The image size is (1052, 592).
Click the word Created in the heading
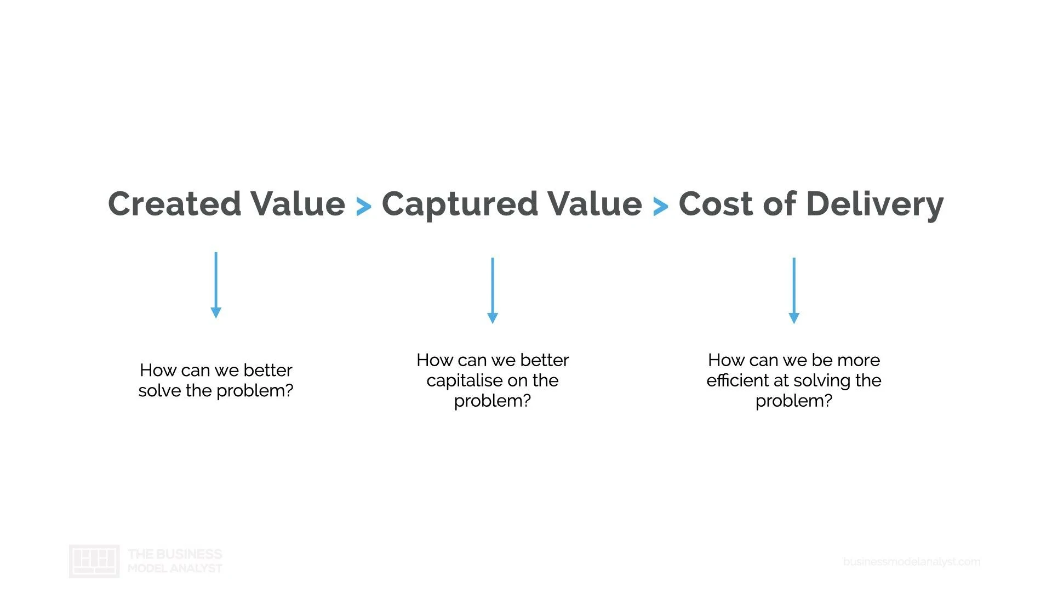coord(174,203)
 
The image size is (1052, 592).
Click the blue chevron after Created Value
coord(364,207)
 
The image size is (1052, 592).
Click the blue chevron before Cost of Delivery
coord(661,207)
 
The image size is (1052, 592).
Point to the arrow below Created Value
coord(216,285)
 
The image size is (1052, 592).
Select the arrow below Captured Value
coord(493,291)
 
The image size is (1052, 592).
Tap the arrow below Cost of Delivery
coord(794,291)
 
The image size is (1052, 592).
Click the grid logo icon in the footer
coord(94,561)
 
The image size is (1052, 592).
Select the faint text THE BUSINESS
coord(175,554)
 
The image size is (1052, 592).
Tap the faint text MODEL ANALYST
coord(175,568)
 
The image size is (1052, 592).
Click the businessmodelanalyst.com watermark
coord(912,562)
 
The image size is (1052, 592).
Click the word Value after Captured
coord(595,203)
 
